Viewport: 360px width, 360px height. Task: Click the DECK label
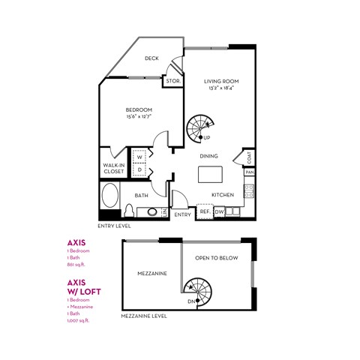point(151,58)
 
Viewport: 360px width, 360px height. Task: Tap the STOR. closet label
point(172,80)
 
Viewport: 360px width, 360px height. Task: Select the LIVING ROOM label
point(220,82)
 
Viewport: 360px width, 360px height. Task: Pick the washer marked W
point(139,157)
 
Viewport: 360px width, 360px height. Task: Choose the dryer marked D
point(139,170)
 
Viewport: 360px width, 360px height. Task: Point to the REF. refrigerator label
point(205,212)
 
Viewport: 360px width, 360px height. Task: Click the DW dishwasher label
point(219,212)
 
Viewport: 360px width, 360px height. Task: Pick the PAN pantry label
point(250,172)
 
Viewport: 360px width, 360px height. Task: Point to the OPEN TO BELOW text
point(217,257)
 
